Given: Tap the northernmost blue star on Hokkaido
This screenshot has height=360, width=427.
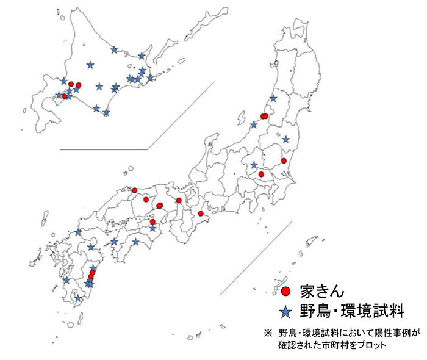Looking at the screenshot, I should click(x=114, y=50).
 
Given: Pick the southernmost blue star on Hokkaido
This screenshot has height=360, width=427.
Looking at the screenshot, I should click(x=106, y=112).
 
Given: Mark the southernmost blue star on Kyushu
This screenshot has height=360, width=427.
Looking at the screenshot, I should click(x=77, y=298).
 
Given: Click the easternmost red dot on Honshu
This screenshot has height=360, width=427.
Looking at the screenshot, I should click(x=284, y=160).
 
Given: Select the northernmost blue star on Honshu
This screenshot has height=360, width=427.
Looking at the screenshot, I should click(x=273, y=98).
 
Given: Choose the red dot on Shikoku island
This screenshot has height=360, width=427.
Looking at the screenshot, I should click(x=152, y=221).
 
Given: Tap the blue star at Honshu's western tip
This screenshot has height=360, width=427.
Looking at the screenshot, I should click(x=78, y=232).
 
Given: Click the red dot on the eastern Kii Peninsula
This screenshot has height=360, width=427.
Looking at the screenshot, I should click(x=200, y=214).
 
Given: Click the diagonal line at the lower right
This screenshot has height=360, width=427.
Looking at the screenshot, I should click(x=250, y=256).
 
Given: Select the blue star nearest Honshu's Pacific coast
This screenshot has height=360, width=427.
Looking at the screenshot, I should click(x=285, y=139).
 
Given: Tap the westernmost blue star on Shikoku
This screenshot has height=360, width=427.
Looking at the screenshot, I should click(x=114, y=242).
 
